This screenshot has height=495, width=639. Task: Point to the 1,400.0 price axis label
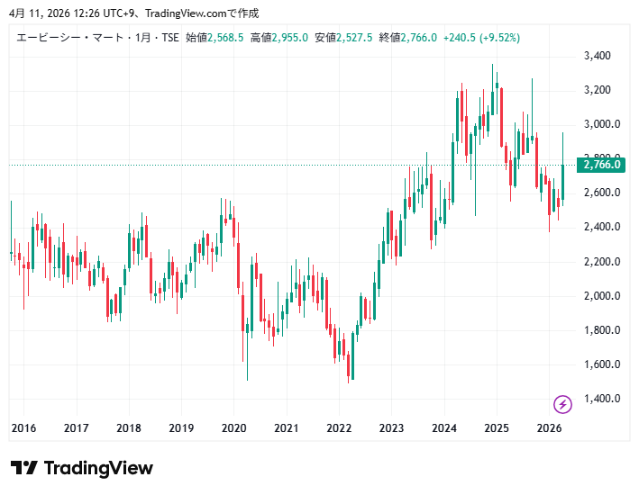pyautogui.click(x=602, y=399)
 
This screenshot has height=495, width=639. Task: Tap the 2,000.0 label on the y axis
pyautogui.click(x=602, y=296)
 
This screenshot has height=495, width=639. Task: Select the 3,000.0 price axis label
pyautogui.click(x=602, y=124)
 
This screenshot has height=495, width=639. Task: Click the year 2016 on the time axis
pyautogui.click(x=23, y=428)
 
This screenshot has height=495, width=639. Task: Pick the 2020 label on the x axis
pyautogui.click(x=234, y=428)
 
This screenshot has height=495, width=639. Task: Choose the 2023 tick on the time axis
pyautogui.click(x=391, y=428)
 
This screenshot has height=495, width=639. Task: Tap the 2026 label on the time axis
pyautogui.click(x=549, y=428)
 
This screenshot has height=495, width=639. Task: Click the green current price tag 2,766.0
pyautogui.click(x=602, y=165)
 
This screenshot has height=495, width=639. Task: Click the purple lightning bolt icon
pyautogui.click(x=562, y=404)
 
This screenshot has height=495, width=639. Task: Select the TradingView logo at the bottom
pyautogui.click(x=82, y=468)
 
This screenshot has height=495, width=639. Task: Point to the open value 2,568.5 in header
pyautogui.click(x=226, y=38)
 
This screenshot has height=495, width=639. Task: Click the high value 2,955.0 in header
pyautogui.click(x=290, y=38)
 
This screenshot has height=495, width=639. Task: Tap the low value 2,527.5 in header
pyautogui.click(x=355, y=38)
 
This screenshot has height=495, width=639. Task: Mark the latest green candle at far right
pyautogui.click(x=562, y=180)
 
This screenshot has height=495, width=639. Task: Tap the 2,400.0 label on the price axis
pyautogui.click(x=602, y=227)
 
